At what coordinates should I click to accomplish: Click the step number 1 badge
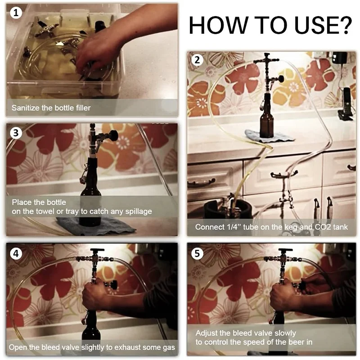(16, 13)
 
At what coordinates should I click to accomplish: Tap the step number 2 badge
(197, 60)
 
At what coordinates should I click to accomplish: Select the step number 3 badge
(16, 133)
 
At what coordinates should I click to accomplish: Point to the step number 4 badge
(16, 253)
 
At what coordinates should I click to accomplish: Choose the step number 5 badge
(197, 253)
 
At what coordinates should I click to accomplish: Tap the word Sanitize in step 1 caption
(26, 108)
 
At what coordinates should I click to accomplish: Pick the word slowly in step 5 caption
(285, 333)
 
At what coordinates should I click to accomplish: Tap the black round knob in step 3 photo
(113, 135)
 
